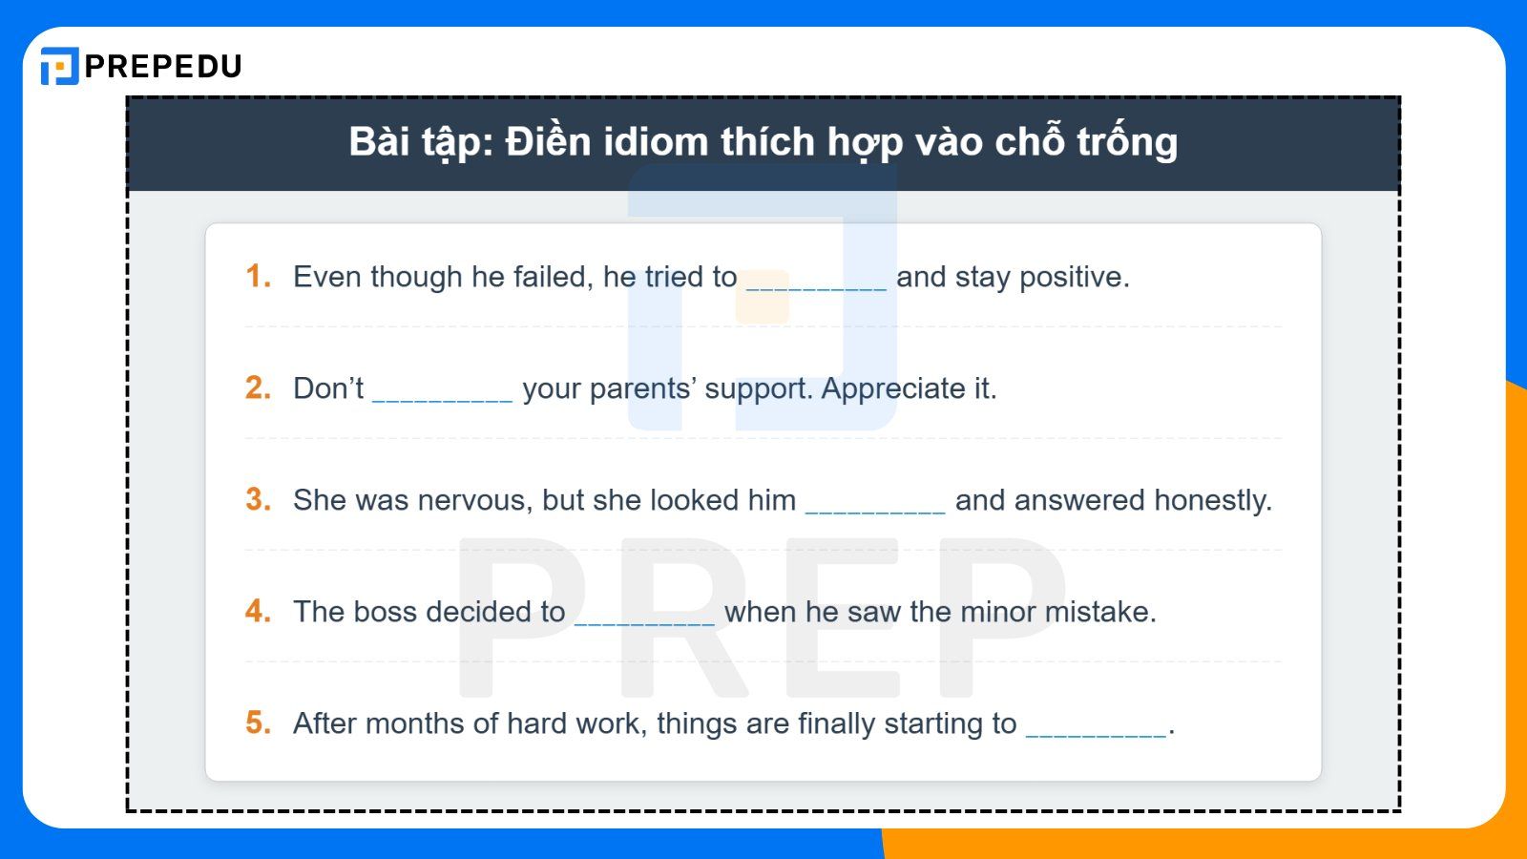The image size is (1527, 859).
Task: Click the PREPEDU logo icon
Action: tap(59, 66)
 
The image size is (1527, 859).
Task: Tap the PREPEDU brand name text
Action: tap(163, 66)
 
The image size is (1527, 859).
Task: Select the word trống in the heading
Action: tap(1127, 142)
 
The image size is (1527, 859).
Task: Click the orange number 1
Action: tap(257, 276)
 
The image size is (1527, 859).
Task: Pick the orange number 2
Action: tap(258, 388)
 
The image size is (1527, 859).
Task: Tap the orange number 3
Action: tap(258, 499)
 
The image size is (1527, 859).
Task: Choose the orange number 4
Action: tap(258, 611)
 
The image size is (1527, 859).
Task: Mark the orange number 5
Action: tap(258, 723)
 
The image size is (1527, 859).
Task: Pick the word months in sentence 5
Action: tap(415, 723)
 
